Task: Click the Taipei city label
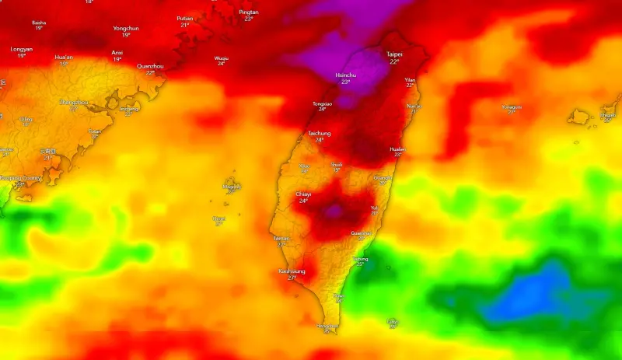[x=395, y=54]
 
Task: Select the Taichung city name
[x=319, y=133]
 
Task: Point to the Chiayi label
[x=304, y=194]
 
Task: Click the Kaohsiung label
[x=292, y=271]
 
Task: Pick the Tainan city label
[x=281, y=238]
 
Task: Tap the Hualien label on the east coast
[x=397, y=149]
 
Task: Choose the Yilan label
[x=410, y=79]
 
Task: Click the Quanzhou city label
[x=150, y=66]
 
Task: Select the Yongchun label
[x=126, y=29]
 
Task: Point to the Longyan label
[x=22, y=49]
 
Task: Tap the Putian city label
[x=185, y=18]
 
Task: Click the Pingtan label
[x=249, y=12]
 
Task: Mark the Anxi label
[x=117, y=53]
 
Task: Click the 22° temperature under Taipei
[x=395, y=61]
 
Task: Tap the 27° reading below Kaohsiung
[x=292, y=278]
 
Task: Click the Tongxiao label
[x=322, y=103]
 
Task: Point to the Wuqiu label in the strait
[x=222, y=58]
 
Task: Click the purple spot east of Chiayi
[x=335, y=210]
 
